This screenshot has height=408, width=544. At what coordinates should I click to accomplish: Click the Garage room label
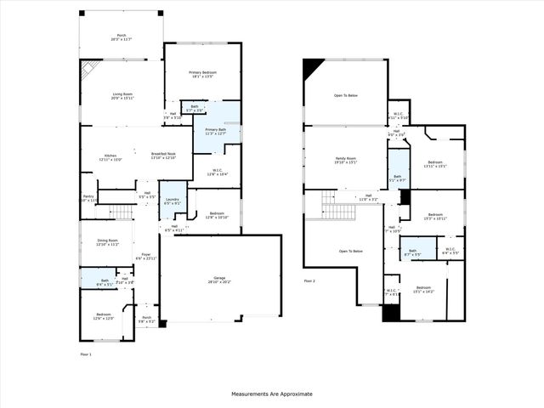219,280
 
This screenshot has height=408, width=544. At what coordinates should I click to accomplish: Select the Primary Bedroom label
202,75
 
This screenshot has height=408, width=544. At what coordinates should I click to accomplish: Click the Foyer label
146,256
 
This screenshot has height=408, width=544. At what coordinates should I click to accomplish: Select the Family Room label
345,160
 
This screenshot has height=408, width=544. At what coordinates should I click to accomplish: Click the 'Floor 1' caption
86,353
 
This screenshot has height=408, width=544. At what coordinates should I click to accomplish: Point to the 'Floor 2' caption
310,280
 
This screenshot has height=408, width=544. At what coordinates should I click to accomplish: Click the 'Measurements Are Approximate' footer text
272,394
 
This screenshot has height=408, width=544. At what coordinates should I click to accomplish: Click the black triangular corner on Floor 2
312,68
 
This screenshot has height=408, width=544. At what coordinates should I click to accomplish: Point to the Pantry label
88,198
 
